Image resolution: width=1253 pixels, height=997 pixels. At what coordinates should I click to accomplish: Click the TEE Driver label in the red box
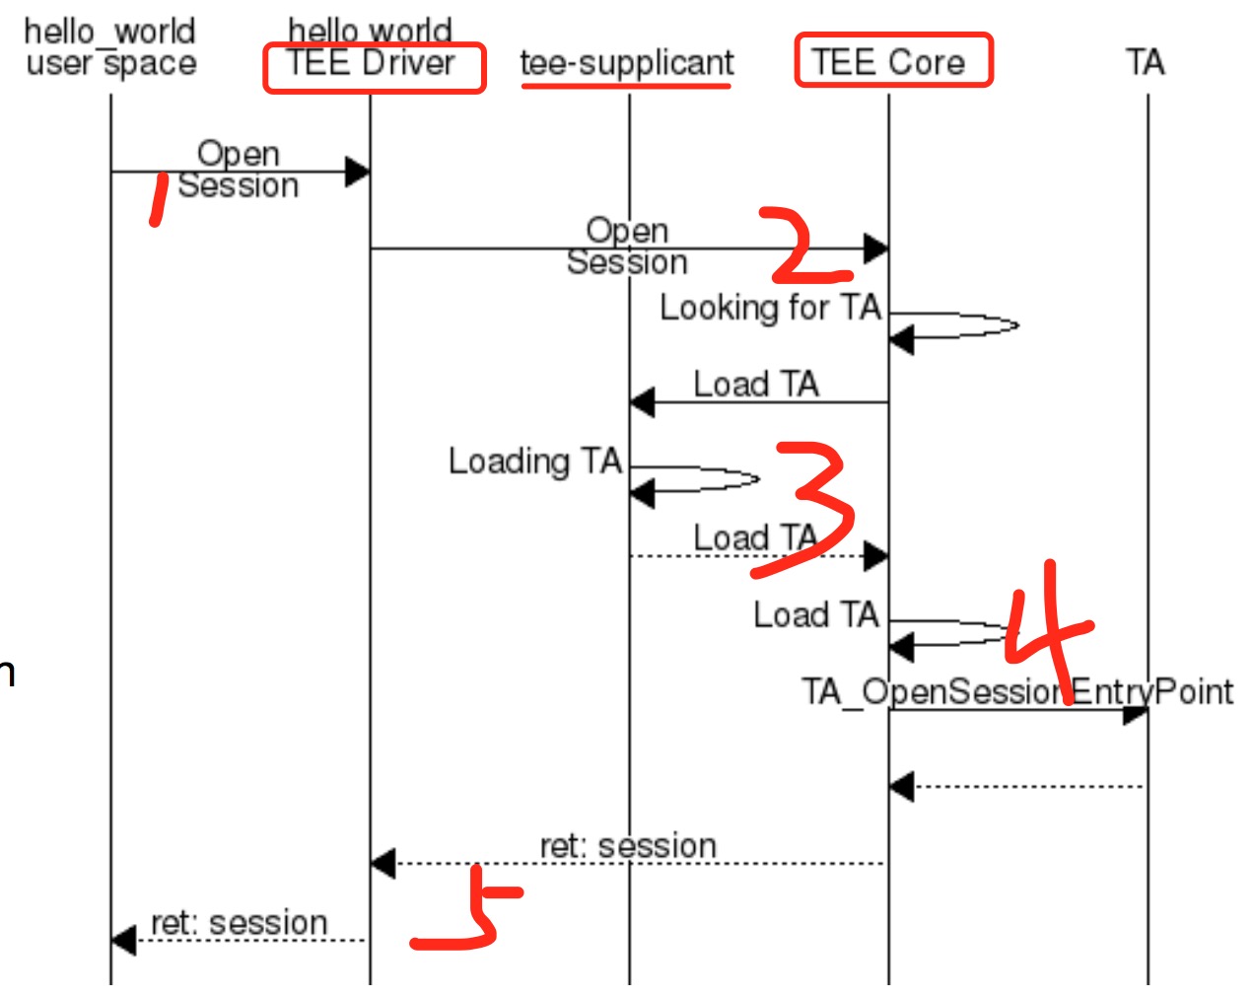point(372,64)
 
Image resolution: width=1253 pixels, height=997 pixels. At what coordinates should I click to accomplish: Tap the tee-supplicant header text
point(627,63)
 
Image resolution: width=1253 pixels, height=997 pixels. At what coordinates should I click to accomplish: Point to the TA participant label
point(1146,63)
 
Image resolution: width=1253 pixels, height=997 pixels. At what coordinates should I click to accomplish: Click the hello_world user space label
point(110,47)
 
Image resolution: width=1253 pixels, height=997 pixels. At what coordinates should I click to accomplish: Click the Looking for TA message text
point(770,308)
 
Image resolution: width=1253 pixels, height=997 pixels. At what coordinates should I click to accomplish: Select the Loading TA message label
point(535,462)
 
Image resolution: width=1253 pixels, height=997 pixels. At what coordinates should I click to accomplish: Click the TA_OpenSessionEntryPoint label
point(1015,691)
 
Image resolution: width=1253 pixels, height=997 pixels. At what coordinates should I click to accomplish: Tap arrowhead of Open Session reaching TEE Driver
point(357,172)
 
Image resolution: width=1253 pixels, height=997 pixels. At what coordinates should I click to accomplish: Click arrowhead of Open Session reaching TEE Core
point(875,249)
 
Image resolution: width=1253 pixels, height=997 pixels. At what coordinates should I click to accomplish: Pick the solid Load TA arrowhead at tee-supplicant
point(643,402)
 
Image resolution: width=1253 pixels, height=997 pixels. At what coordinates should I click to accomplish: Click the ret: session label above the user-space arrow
point(239,923)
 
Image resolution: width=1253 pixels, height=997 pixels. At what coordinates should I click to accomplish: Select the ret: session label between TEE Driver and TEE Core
point(628,846)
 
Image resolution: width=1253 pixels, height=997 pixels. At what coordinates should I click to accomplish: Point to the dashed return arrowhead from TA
point(901,787)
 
